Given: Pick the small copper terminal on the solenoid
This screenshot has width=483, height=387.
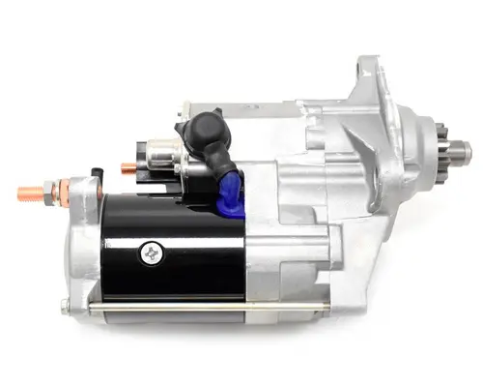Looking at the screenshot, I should (x=127, y=166).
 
